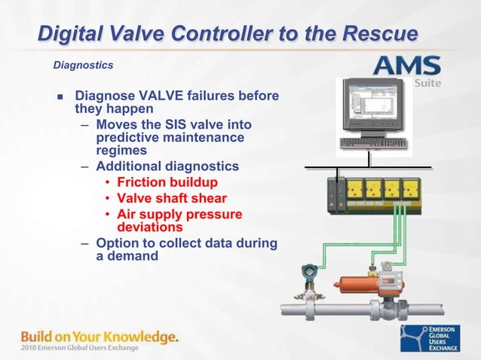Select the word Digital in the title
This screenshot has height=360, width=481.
coord(75,34)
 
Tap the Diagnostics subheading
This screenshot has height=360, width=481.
coord(83,66)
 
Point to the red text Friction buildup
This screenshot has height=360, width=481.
coord(167,182)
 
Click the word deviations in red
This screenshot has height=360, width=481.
coord(150,226)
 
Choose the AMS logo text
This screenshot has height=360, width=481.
coord(410,66)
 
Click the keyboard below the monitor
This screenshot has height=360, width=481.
coord(372,142)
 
